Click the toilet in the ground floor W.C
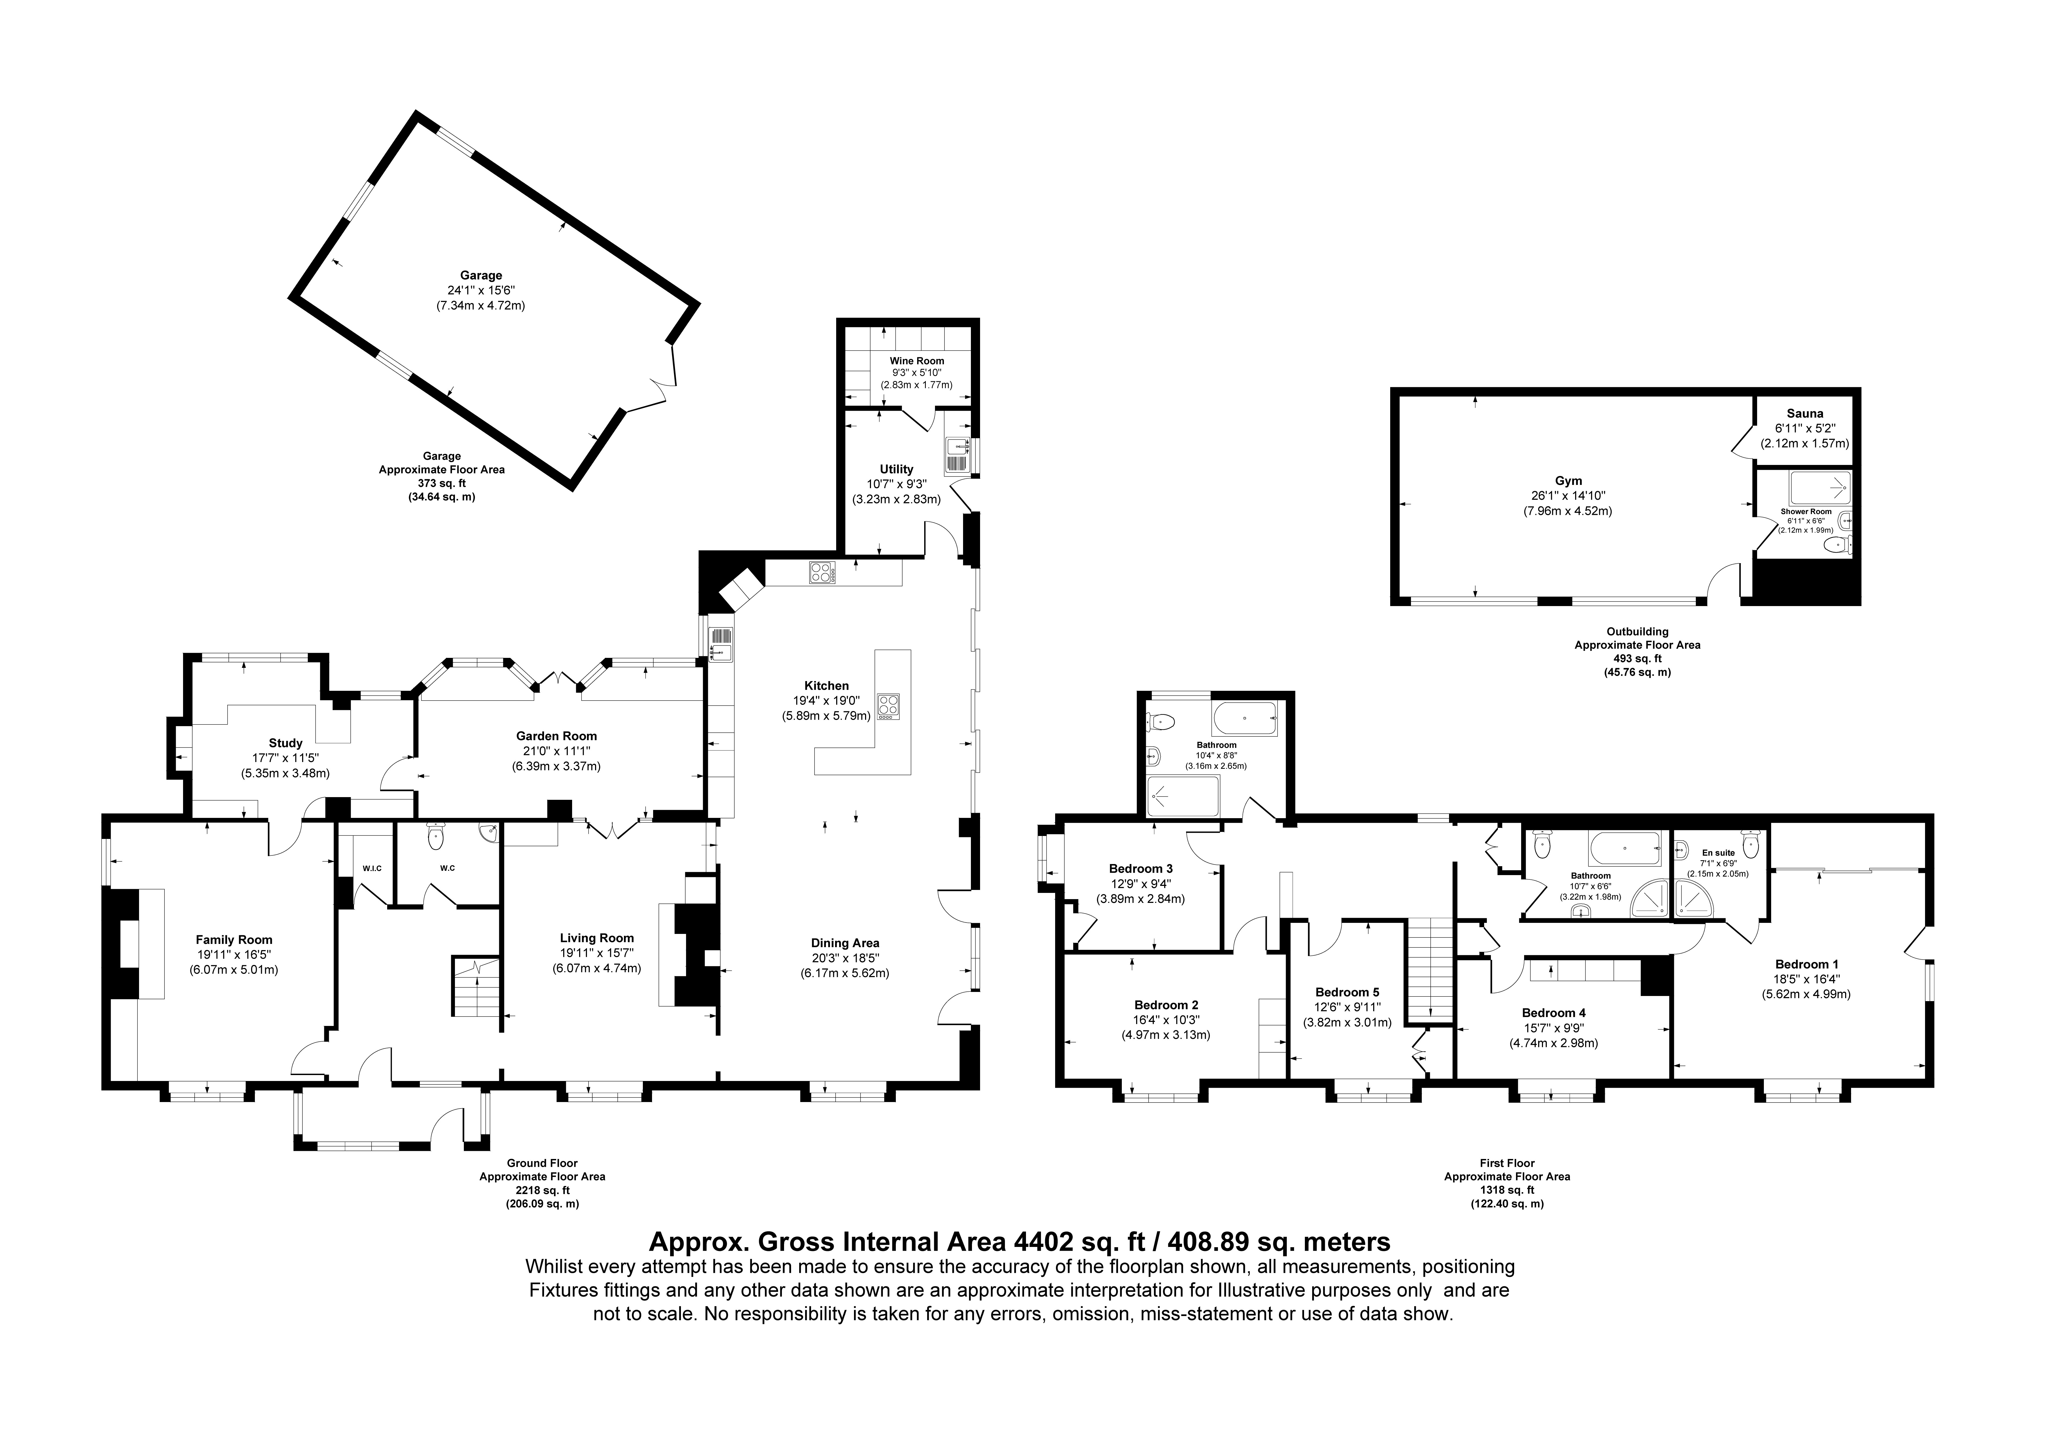point(435,836)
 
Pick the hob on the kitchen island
point(889,706)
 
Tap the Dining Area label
point(845,943)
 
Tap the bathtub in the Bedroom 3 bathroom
point(1246,716)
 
